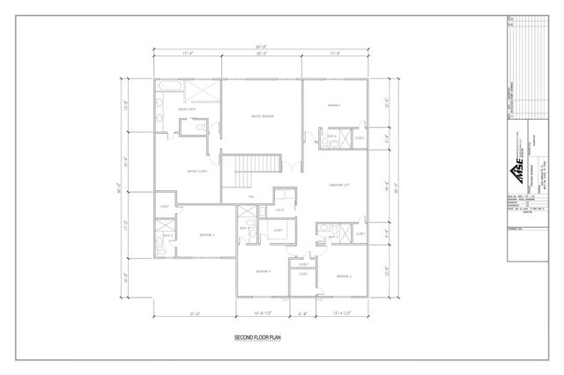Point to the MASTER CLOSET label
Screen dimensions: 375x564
(x=196, y=171)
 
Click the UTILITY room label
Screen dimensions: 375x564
(x=279, y=210)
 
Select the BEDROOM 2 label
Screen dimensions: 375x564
(x=206, y=234)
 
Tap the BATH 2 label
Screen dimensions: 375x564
(x=167, y=236)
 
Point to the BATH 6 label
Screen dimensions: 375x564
(x=332, y=137)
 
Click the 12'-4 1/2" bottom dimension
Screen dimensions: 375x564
(x=342, y=312)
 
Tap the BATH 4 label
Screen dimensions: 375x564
(x=242, y=228)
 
